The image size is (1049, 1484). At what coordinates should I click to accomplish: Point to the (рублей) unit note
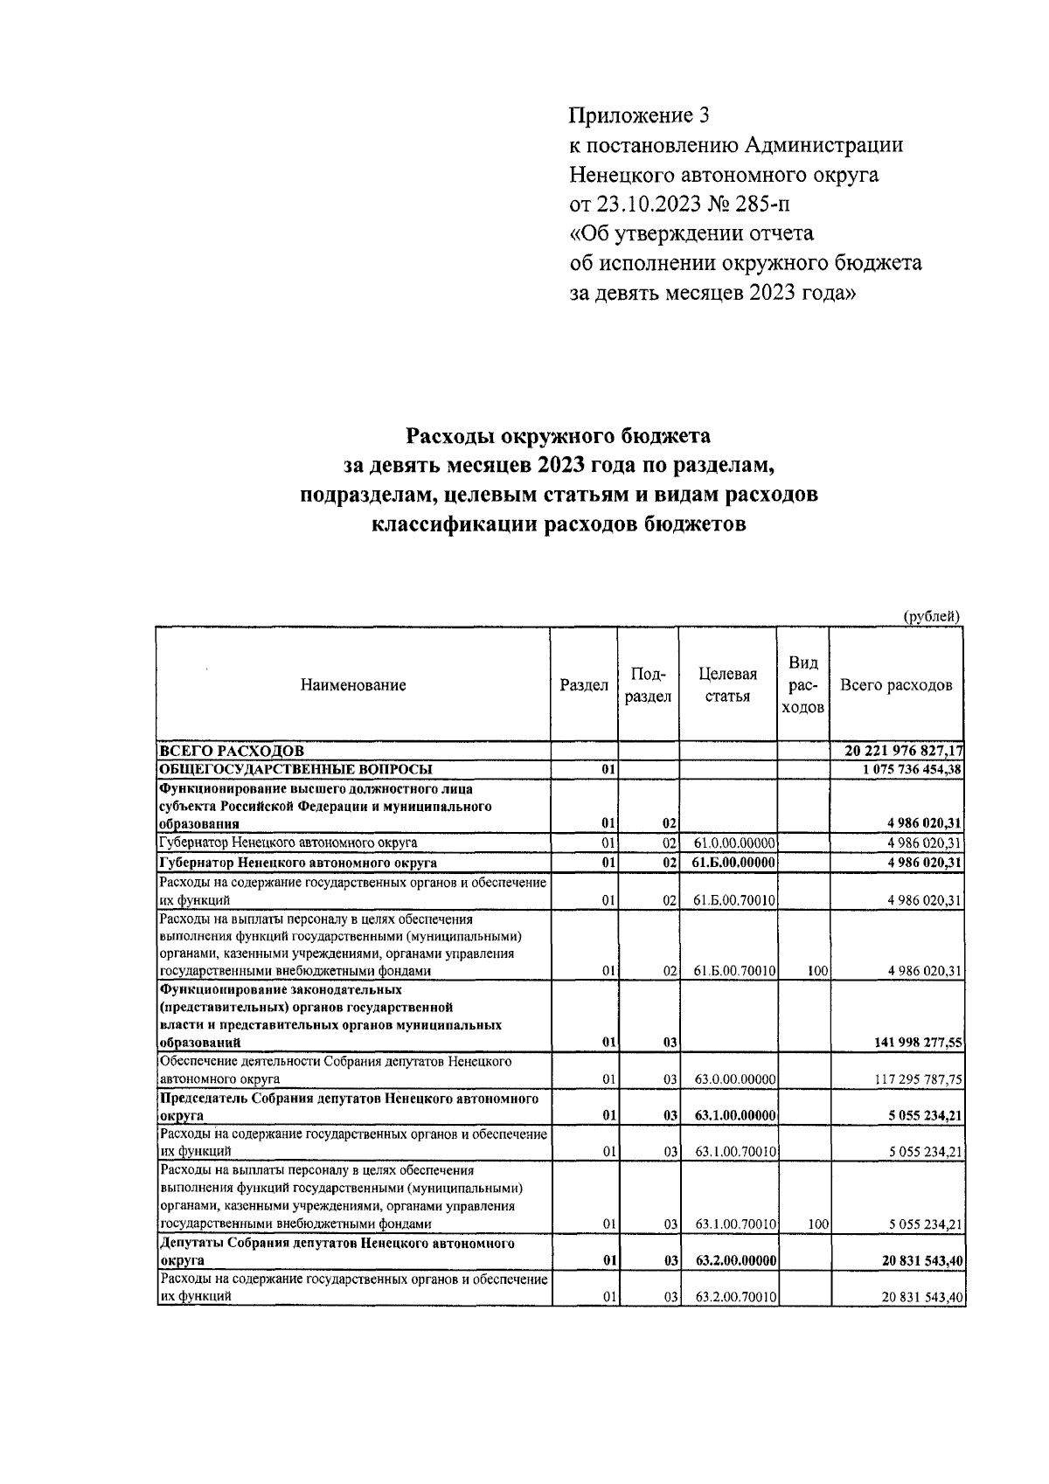tap(931, 616)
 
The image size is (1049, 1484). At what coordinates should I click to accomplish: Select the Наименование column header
tap(353, 685)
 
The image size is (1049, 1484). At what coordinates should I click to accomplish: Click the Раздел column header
tap(583, 685)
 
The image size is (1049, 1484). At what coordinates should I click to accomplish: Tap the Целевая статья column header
tap(727, 685)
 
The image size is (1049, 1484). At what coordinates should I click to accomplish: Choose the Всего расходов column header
tap(896, 685)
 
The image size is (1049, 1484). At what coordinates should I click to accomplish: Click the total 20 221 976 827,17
tap(904, 751)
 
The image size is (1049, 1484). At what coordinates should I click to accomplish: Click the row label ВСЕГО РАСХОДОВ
tap(231, 751)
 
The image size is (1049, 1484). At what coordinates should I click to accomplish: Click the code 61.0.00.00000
tap(734, 843)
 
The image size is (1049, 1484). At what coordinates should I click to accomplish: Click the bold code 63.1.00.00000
tap(734, 1116)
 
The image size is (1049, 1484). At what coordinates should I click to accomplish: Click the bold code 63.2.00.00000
tap(734, 1261)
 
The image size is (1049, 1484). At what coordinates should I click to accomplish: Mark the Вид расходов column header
tap(802, 685)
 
